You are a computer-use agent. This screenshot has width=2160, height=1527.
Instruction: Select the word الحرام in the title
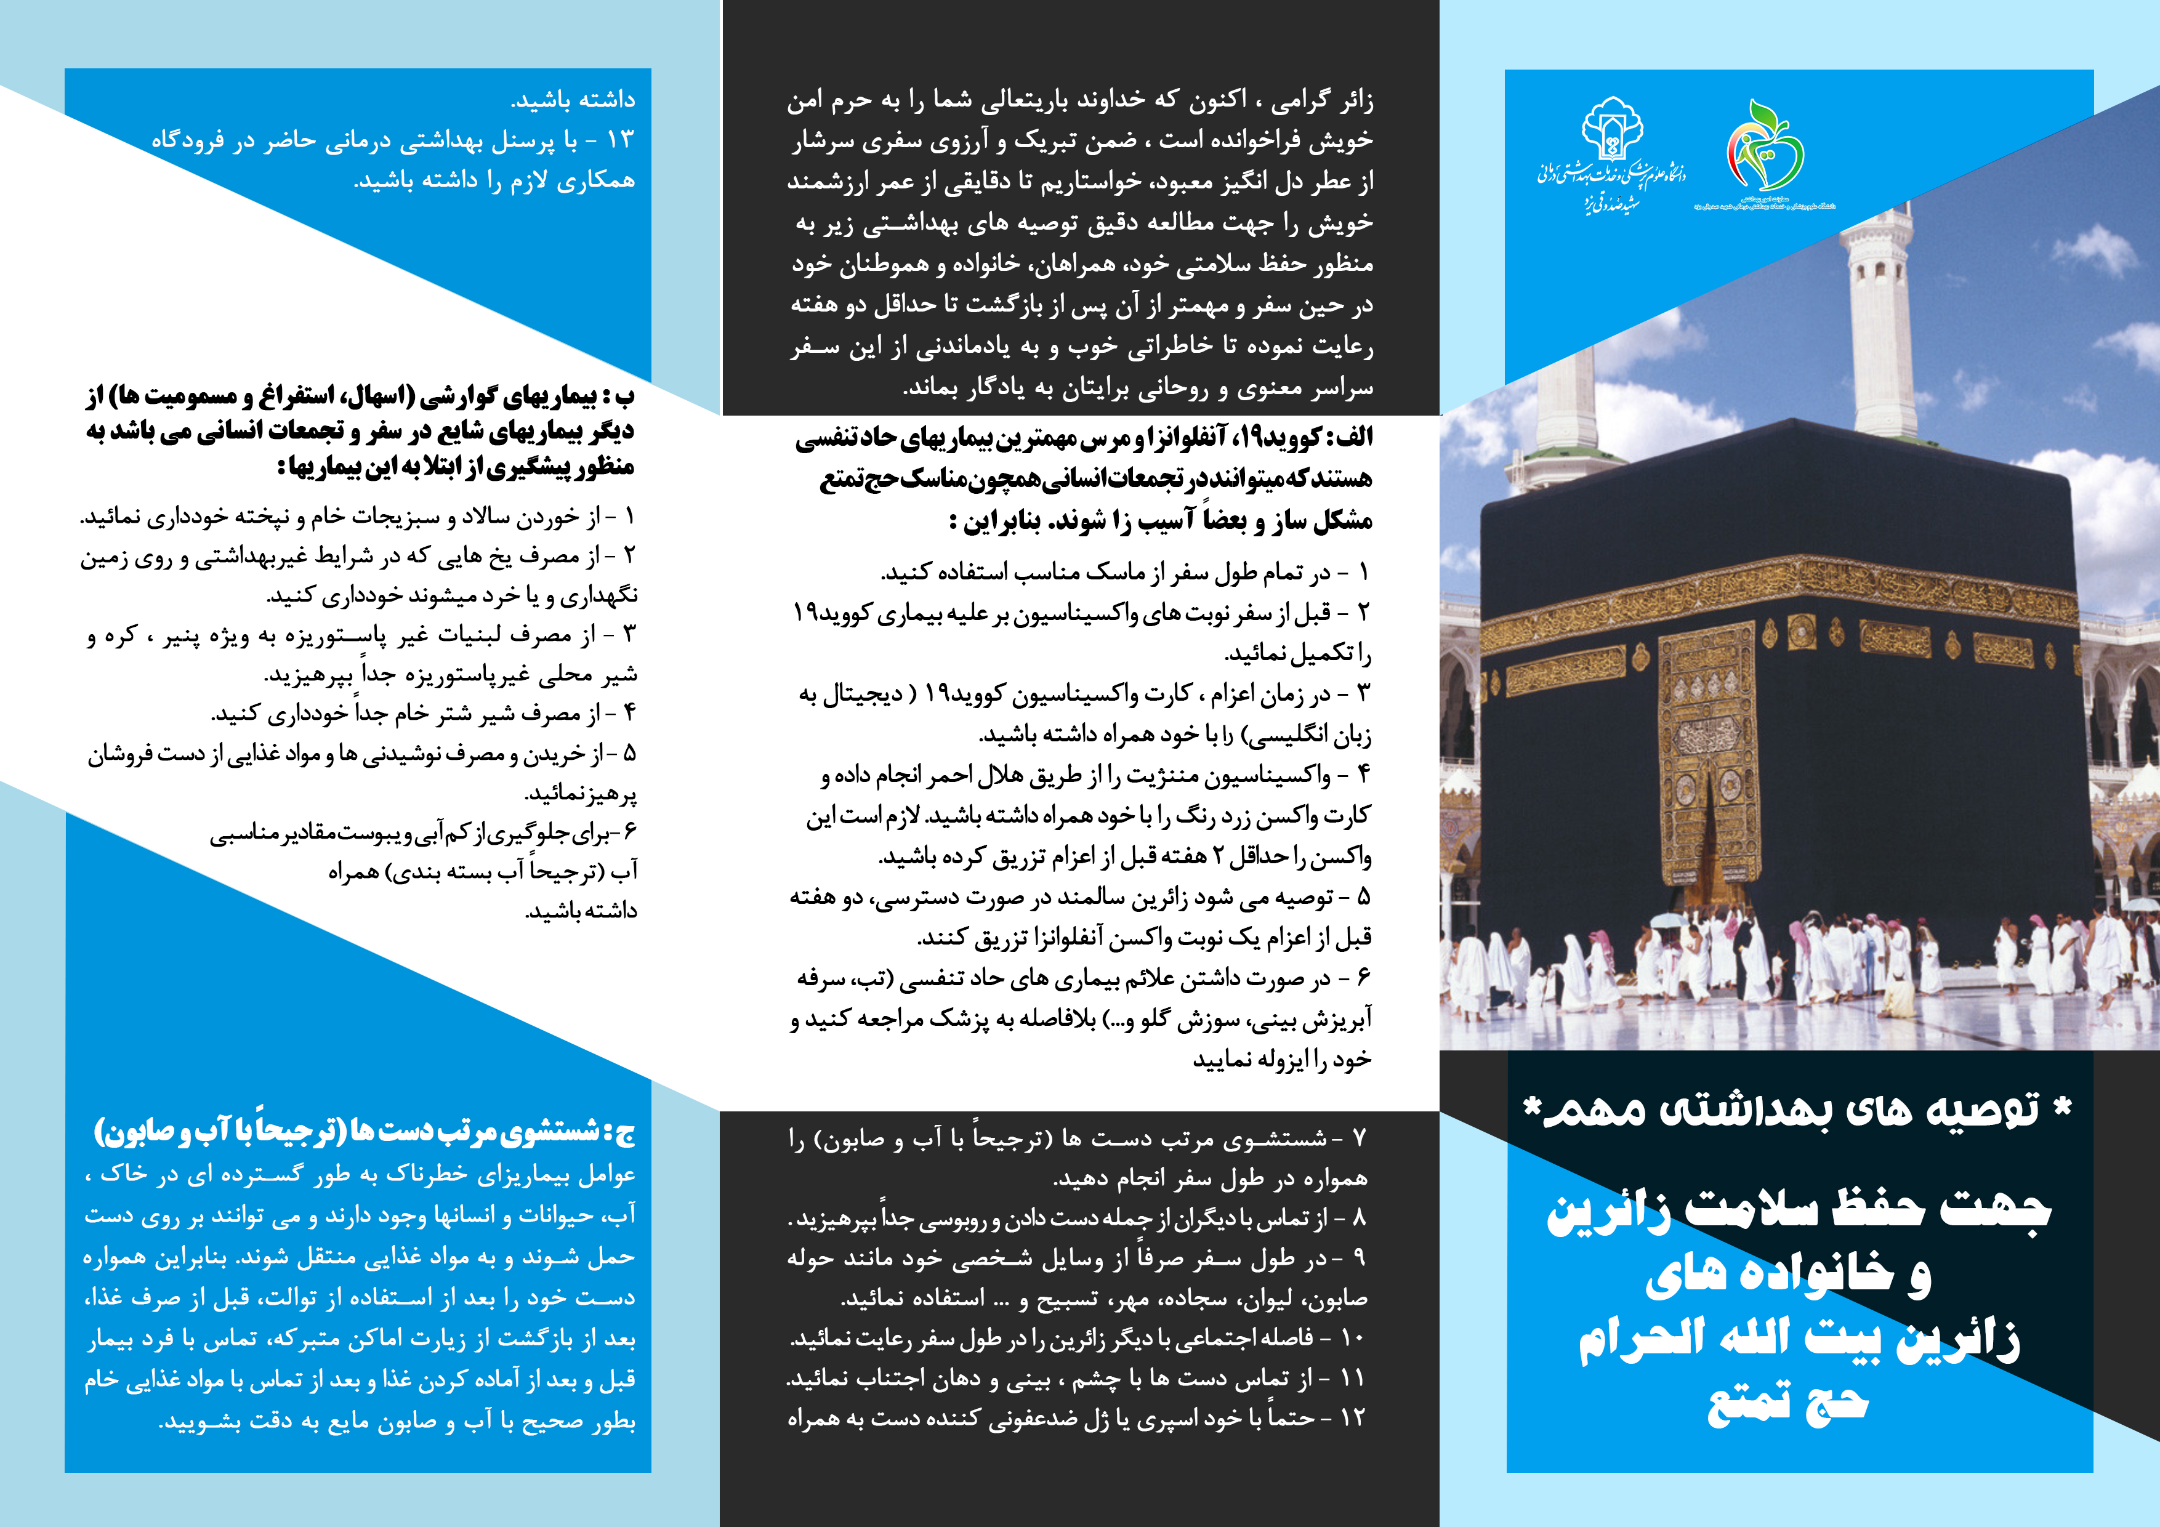tap(1642, 1340)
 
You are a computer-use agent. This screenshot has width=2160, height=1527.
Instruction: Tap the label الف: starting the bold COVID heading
tap(1347, 438)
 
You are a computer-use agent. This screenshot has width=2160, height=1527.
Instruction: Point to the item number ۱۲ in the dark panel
tap(1352, 1418)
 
